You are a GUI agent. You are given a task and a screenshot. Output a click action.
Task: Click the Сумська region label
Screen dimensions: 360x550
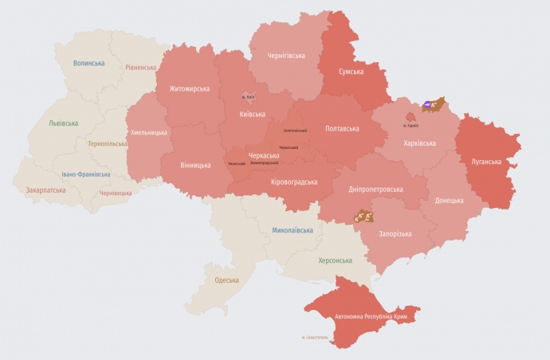tap(348, 72)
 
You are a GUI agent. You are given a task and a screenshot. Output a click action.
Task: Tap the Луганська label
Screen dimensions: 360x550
tap(486, 162)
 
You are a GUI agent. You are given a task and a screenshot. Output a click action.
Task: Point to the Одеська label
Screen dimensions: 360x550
tap(227, 280)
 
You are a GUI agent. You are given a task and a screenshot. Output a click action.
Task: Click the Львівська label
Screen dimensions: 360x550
tap(63, 123)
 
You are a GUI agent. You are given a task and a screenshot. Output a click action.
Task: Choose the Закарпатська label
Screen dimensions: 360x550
tap(45, 191)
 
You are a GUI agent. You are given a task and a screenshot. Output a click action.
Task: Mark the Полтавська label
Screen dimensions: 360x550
tap(342, 128)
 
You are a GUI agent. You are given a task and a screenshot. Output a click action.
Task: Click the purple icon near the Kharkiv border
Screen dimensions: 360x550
tap(428, 104)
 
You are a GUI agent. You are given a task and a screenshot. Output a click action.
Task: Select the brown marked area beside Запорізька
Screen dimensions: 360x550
tap(364, 215)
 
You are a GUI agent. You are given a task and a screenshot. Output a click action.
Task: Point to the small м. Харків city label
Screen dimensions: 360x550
tap(411, 125)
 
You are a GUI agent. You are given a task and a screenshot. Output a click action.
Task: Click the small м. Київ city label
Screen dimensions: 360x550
tap(248, 97)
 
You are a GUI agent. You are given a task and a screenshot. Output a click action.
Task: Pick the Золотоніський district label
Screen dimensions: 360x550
tap(295, 130)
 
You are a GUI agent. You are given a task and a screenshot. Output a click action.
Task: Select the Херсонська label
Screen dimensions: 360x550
tap(335, 260)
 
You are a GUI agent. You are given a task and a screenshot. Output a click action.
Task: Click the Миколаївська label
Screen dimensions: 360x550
tap(292, 230)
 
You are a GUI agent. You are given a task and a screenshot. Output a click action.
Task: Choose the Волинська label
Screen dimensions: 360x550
tap(88, 63)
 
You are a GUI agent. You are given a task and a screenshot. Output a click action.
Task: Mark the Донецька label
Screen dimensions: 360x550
tap(449, 200)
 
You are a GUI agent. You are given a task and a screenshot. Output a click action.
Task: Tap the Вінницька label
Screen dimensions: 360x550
tap(194, 166)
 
